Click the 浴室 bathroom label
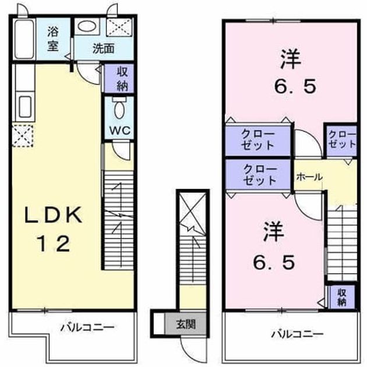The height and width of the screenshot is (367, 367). tap(53, 38)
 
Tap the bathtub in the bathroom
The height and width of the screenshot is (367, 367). tap(24, 39)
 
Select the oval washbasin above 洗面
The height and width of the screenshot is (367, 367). tap(87, 26)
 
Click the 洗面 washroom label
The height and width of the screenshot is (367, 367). tap(104, 49)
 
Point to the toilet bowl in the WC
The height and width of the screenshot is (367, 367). tap(119, 108)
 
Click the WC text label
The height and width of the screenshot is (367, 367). tap(120, 130)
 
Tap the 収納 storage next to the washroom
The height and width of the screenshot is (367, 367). tap(119, 79)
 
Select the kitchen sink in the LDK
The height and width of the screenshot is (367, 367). tap(25, 107)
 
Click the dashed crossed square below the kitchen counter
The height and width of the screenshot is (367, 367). tap(23, 136)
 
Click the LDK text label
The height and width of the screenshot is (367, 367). tap(54, 214)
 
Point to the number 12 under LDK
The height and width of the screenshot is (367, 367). tap(54, 244)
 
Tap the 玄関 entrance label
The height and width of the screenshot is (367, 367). tap(186, 324)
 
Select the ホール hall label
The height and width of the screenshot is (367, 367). tap(309, 177)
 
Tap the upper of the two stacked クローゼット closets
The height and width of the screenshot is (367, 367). tap(257, 140)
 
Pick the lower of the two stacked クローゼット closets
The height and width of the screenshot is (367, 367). tap(259, 174)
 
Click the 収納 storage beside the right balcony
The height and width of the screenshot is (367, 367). tap(342, 297)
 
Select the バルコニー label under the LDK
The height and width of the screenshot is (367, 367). tap(87, 327)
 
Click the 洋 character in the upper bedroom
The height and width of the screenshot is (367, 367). tap(291, 59)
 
